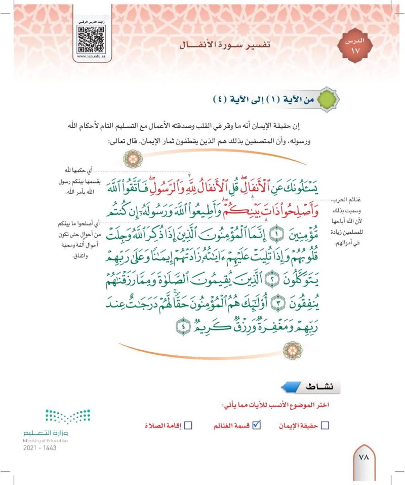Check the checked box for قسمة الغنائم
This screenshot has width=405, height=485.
coord(256,426)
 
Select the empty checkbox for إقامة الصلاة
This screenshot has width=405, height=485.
coord(188,426)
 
